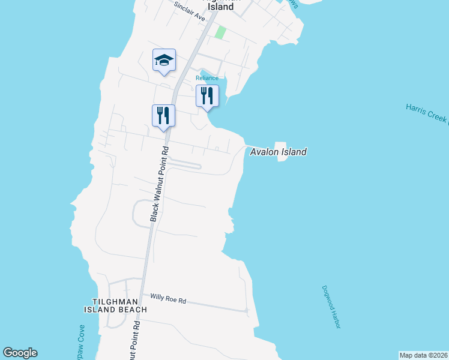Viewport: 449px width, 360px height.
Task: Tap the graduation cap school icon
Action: pos(164,60)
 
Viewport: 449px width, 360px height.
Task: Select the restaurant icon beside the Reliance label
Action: pos(207,96)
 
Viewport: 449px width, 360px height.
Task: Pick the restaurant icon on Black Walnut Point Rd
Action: pos(163,115)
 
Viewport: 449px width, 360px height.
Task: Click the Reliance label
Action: pos(206,78)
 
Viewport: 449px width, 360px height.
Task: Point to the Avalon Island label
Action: pos(278,152)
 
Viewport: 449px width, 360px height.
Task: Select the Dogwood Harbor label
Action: pos(331,307)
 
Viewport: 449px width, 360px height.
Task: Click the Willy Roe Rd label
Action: pos(168,298)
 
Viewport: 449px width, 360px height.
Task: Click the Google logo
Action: pos(20,353)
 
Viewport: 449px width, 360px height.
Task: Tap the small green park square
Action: pos(220,32)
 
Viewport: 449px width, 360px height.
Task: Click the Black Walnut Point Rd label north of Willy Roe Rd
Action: pos(158,184)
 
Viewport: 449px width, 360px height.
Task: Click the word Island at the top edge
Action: pos(220,7)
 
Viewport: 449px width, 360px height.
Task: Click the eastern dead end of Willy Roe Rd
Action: pos(247,310)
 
